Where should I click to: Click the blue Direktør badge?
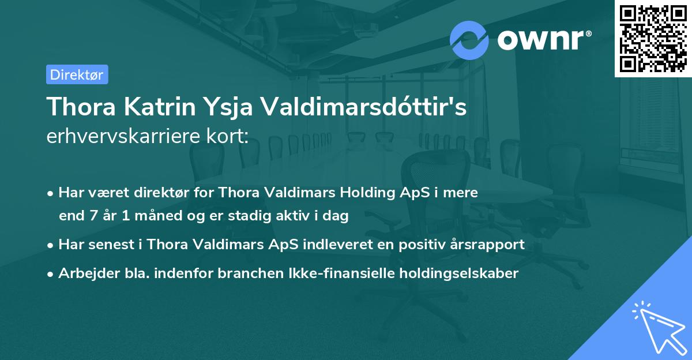point(77,74)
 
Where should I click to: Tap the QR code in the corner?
point(653,38)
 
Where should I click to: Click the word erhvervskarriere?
point(125,137)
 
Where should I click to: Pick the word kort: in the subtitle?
point(228,136)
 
